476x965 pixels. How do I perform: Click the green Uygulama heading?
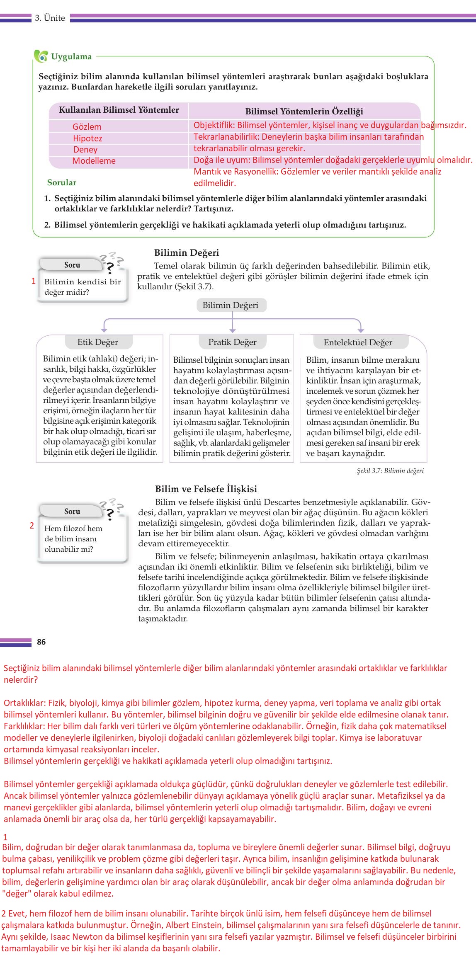pyautogui.click(x=71, y=57)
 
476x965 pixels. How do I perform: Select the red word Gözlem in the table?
pyautogui.click(x=87, y=127)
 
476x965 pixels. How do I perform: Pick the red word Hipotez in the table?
pyautogui.click(x=87, y=138)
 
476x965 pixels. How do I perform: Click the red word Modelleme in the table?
pyautogui.click(x=94, y=161)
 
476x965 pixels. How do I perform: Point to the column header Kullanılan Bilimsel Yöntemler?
pyautogui.click(x=119, y=110)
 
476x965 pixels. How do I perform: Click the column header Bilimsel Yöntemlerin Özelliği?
pyautogui.click(x=304, y=111)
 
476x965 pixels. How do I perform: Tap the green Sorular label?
pyautogui.click(x=62, y=182)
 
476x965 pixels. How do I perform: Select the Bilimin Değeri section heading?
pyautogui.click(x=187, y=253)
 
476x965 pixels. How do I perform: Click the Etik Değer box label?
pyautogui.click(x=98, y=342)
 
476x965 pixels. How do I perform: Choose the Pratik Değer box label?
pyautogui.click(x=232, y=342)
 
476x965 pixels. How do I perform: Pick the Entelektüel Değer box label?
pyautogui.click(x=358, y=342)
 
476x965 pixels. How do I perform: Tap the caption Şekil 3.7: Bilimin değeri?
pyautogui.click(x=390, y=470)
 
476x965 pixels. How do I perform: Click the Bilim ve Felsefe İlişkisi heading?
pyautogui.click(x=206, y=489)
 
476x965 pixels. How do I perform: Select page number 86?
pyautogui.click(x=41, y=642)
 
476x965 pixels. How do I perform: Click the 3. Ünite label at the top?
pyautogui.click(x=50, y=18)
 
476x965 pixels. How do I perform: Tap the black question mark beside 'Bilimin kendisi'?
pyautogui.click(x=110, y=268)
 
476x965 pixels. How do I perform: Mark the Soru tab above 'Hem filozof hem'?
pyautogui.click(x=72, y=511)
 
